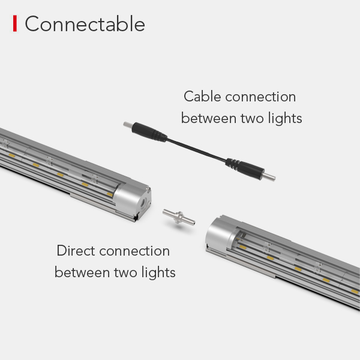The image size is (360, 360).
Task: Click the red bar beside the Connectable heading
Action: [15, 24]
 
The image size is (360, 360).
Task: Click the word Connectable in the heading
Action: [85, 24]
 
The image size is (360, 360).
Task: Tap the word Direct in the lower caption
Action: [76, 251]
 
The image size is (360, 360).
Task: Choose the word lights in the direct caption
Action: [157, 272]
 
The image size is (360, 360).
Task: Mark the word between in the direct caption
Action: [82, 272]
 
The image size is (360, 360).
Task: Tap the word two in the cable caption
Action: [248, 118]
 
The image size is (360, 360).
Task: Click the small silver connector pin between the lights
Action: [178, 217]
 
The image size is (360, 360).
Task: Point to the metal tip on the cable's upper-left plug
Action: [127, 125]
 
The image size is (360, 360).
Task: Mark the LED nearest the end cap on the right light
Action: [243, 247]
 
